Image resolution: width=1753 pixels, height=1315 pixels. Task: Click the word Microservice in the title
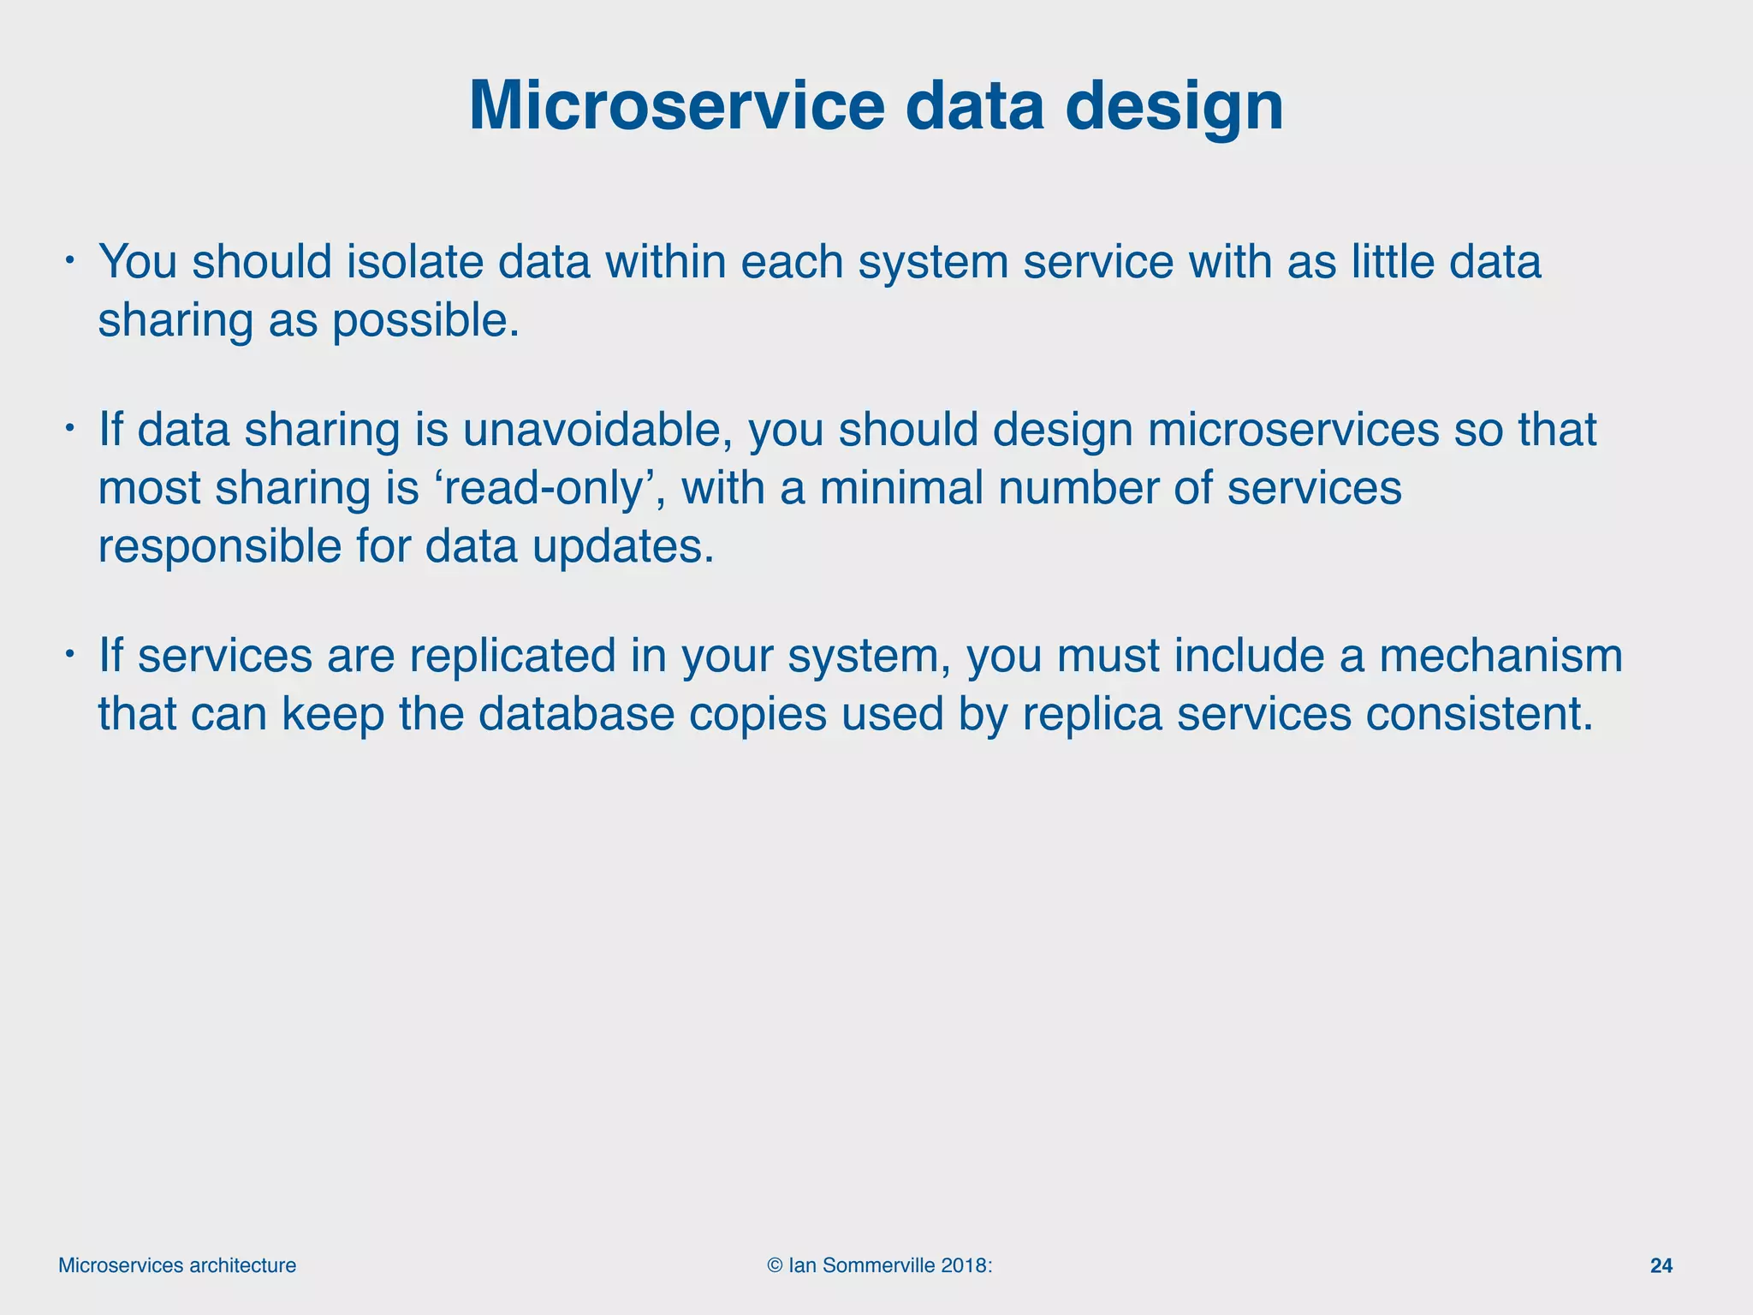676,106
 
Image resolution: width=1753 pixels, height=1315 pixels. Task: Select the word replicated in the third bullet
512,656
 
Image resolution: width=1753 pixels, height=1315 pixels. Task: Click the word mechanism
1500,656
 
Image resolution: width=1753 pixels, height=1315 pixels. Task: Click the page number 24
1661,1266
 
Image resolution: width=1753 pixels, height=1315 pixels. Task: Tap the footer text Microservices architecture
177,1266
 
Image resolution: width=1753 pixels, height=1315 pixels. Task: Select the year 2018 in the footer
963,1266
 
